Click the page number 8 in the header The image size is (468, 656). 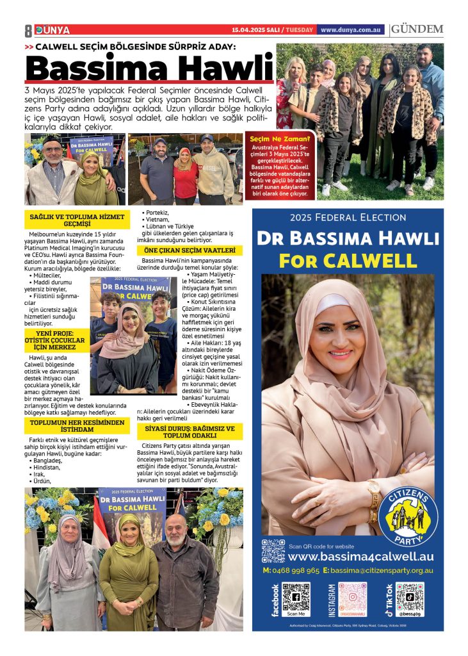point(28,30)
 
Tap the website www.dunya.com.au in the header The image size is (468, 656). point(351,29)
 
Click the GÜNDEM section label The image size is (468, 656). point(417,29)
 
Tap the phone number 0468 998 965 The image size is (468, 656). point(291,570)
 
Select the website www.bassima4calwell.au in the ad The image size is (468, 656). point(361,557)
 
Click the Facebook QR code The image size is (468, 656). point(296,598)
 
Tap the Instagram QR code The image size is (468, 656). point(353,598)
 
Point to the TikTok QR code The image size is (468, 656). point(409,598)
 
